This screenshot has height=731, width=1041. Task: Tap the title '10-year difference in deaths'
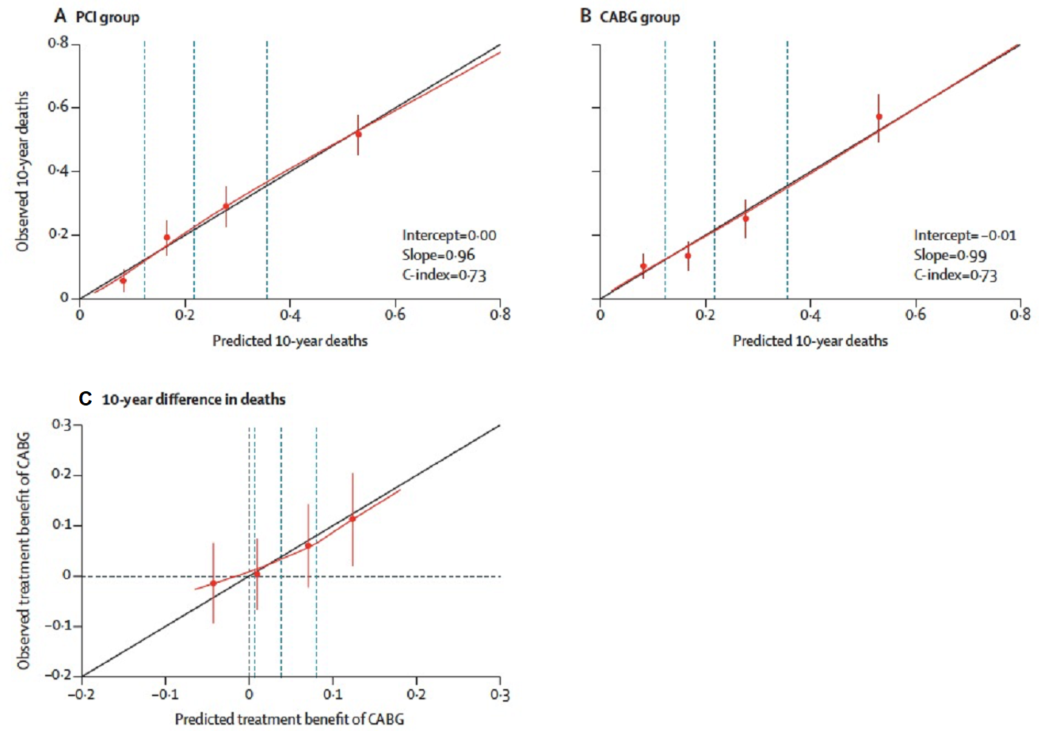(x=194, y=400)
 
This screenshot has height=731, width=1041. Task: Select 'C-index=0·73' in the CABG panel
(x=955, y=275)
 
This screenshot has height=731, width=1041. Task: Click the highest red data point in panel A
(x=358, y=134)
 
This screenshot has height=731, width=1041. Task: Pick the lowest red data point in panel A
(x=123, y=280)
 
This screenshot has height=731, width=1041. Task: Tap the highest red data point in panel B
(x=879, y=116)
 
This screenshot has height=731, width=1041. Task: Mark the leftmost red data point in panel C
(x=213, y=583)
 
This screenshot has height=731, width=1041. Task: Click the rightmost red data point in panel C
(x=353, y=519)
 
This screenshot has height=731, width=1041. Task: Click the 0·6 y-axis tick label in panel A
(x=59, y=108)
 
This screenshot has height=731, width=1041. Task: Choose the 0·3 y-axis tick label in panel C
(x=63, y=425)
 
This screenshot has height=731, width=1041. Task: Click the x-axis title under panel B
(x=810, y=341)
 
